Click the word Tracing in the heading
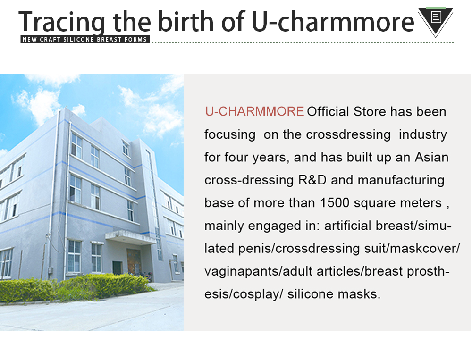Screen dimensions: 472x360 [x=62, y=22]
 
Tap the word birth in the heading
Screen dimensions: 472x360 [x=185, y=21]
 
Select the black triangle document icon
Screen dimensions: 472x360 [x=436, y=21]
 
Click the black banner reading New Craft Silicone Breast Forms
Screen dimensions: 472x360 [x=85, y=40]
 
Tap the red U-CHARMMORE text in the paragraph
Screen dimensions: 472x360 [x=254, y=111]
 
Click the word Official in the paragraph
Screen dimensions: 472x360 [x=328, y=111]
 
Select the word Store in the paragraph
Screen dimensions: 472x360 [x=370, y=112]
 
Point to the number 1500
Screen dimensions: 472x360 [x=335, y=203]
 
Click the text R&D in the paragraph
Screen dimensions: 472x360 [x=312, y=180]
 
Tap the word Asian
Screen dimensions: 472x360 [x=432, y=157]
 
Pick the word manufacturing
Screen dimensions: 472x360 [x=401, y=181]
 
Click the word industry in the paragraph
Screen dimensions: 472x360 [x=422, y=135]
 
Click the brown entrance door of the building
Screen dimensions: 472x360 [x=134, y=261]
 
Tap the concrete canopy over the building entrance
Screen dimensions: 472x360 [x=130, y=236]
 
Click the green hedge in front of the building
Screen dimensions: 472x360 [x=75, y=287]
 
